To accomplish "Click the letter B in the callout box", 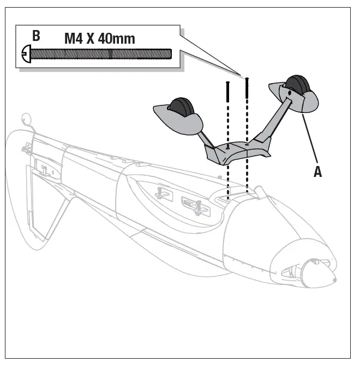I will tap(36, 37).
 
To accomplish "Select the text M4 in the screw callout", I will tap(75, 39).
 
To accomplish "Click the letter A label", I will tap(317, 171).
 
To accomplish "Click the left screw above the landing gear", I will tap(227, 109).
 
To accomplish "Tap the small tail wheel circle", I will tap(25, 117).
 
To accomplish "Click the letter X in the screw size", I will tap(93, 39).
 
